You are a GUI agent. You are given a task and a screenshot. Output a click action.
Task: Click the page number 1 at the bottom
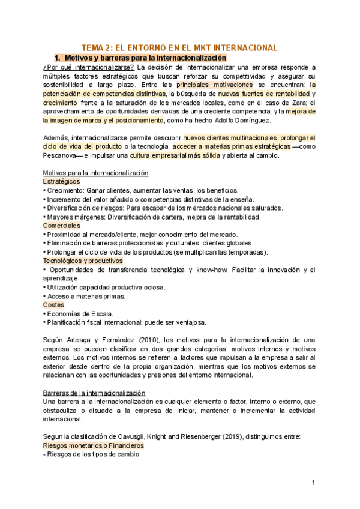(x=313, y=483)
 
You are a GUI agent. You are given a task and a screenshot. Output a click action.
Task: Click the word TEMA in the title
(x=92, y=47)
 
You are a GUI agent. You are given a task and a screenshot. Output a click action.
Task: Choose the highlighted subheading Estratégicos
(x=62, y=181)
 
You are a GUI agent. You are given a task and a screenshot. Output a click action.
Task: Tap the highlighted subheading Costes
(x=53, y=304)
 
